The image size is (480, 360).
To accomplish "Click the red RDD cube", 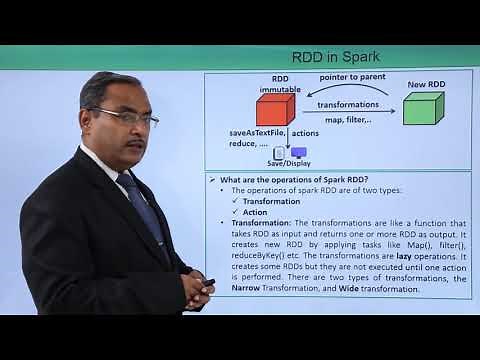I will pos(274,107).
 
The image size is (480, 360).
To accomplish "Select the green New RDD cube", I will pos(423,106).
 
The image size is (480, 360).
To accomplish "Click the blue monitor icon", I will pos(298,152).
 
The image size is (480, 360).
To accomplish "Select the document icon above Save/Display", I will pos(279,152).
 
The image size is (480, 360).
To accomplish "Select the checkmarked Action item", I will pos(256,211).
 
